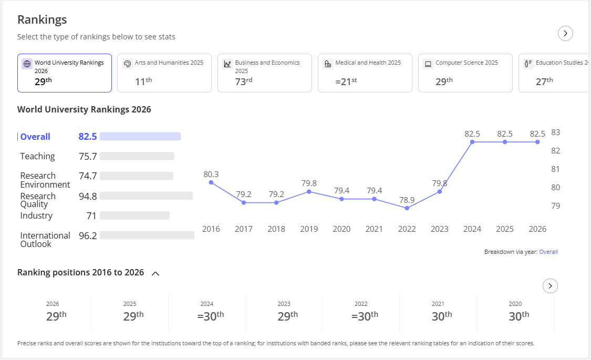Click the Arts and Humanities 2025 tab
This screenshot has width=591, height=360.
click(164, 73)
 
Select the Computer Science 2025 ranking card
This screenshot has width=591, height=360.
click(465, 73)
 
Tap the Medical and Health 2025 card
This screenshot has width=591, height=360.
click(365, 73)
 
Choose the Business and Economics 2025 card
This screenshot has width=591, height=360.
click(265, 73)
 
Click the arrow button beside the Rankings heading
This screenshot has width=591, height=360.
click(565, 34)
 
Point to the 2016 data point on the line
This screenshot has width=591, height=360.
click(211, 182)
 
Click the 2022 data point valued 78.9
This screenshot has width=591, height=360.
click(407, 208)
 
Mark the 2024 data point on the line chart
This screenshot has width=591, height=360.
click(472, 142)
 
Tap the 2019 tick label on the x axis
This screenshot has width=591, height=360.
click(309, 229)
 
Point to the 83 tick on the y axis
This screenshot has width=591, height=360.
click(556, 132)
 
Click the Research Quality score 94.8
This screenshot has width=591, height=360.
click(88, 197)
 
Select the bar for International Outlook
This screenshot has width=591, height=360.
click(147, 235)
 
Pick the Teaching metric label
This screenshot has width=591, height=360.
click(37, 156)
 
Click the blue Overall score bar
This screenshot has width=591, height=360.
click(140, 137)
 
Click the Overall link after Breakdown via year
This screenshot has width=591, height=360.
click(548, 252)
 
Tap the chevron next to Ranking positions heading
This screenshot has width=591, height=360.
click(155, 273)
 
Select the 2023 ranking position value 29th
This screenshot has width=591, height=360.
click(287, 316)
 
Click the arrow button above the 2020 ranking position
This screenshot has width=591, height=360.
click(551, 286)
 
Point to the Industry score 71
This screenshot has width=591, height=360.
click(91, 216)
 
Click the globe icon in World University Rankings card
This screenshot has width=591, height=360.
click(27, 64)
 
